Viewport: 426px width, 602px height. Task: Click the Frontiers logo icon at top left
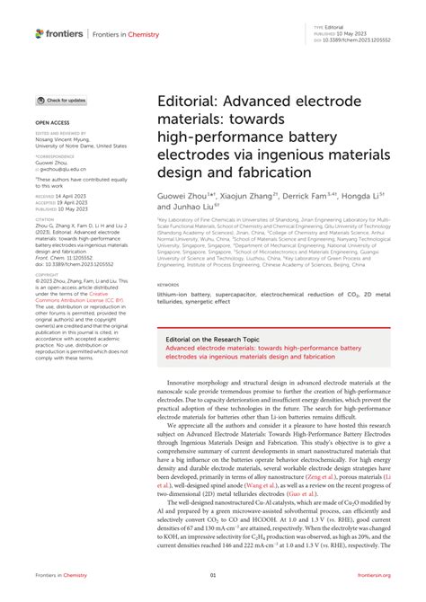[x=40, y=33]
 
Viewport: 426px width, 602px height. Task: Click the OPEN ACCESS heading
[x=51, y=120]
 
